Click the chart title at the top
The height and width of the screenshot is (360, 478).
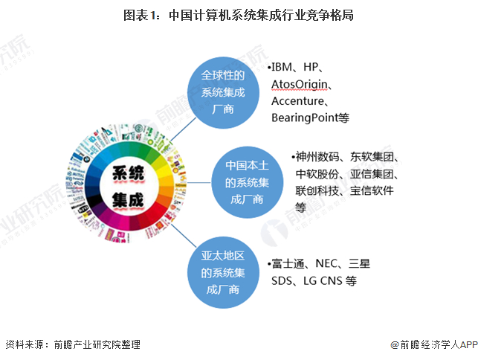tap(238, 16)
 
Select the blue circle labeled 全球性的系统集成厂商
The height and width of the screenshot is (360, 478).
tap(223, 92)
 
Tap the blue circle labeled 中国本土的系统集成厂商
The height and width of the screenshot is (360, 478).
tap(248, 182)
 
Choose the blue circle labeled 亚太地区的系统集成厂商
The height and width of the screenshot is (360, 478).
tap(223, 272)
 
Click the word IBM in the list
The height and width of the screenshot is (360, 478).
tap(282, 67)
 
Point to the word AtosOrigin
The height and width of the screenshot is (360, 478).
tap(300, 84)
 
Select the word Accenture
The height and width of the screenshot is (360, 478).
tap(297, 101)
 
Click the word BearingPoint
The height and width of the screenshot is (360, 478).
tap(305, 118)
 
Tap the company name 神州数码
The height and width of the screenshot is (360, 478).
tap(317, 157)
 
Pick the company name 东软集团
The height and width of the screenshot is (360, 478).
tap(372, 157)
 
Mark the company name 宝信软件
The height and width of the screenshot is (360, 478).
tap(372, 191)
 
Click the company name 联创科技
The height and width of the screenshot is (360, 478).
tap(317, 191)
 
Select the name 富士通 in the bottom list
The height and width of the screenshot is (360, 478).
tap(288, 263)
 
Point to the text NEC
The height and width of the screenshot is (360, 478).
tap(326, 263)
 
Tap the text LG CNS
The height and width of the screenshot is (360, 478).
tap(323, 280)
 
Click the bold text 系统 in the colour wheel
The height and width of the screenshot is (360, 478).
tap(128, 173)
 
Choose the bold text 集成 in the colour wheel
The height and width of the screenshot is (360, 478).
tap(128, 200)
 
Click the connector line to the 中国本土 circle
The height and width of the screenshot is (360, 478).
tap(199, 183)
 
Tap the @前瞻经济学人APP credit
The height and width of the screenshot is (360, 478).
tap(434, 344)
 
